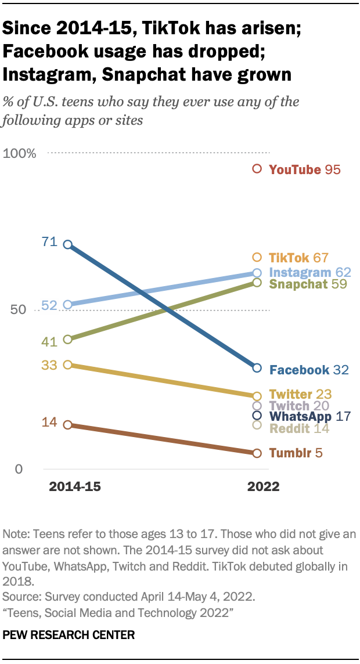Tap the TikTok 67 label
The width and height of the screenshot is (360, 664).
click(298, 258)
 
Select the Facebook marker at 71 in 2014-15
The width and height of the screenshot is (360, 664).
click(67, 245)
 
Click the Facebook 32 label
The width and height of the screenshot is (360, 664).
click(309, 370)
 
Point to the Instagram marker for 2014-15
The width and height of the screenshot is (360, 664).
click(67, 305)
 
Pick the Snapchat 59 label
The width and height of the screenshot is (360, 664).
click(305, 284)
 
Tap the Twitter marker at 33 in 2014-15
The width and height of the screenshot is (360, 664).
click(67, 365)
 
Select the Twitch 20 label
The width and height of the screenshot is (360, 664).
click(299, 406)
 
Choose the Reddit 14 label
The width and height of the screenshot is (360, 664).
click(299, 428)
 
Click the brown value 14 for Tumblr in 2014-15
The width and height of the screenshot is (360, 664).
click(49, 422)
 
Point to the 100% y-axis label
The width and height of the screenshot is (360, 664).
click(20, 154)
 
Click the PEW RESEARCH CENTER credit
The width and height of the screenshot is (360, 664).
click(69, 635)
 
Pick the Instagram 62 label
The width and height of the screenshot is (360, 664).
click(309, 272)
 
